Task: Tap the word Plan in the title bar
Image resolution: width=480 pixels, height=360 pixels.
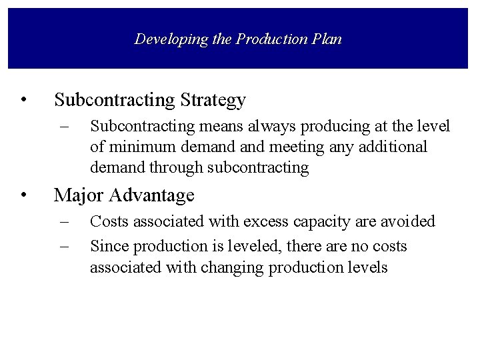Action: coord(326,39)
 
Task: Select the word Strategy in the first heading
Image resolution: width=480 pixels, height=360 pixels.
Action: coord(213,101)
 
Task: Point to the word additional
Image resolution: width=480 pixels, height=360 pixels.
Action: coord(393,147)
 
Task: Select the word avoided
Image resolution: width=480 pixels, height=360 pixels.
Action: coord(411,221)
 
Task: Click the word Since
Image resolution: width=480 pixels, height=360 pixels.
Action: coord(107,246)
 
